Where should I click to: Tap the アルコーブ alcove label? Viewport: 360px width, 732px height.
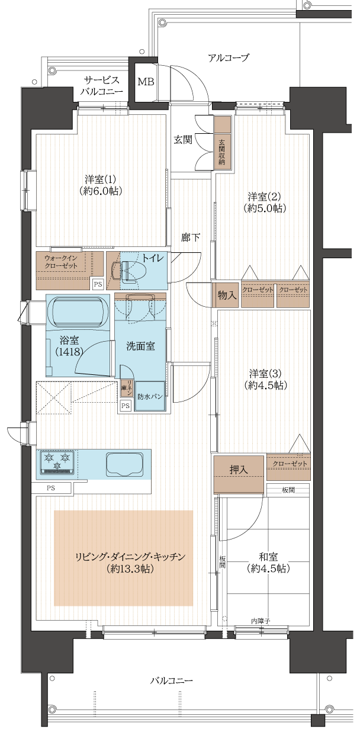click(x=228, y=58)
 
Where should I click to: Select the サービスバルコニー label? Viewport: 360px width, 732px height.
click(x=102, y=86)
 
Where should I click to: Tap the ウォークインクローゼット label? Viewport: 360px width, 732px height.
click(x=61, y=261)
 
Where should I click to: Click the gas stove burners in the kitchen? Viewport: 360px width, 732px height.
click(x=57, y=461)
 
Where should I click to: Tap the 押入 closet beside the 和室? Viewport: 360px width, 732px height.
click(x=239, y=469)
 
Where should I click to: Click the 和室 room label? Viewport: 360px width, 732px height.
click(x=268, y=562)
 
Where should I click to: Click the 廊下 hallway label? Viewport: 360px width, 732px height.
click(x=191, y=237)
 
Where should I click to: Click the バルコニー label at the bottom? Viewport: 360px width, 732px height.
click(x=171, y=680)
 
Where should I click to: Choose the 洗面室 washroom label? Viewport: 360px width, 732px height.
click(x=140, y=346)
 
